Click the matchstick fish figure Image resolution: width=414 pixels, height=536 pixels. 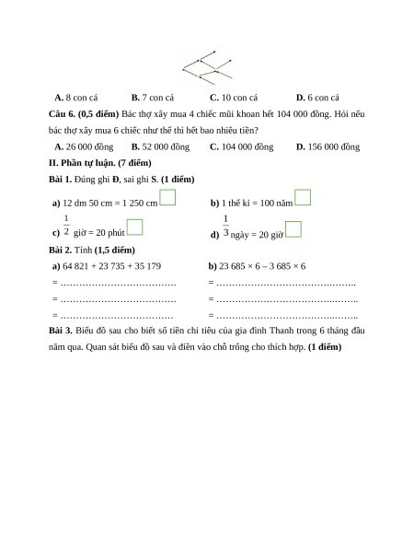(x=207, y=67)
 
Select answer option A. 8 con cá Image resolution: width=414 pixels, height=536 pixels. (x=76, y=98)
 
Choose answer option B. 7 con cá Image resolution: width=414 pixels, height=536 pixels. (x=153, y=98)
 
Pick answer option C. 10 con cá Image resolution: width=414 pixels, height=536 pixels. (x=234, y=98)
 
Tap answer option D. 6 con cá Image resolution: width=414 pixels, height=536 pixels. (x=317, y=98)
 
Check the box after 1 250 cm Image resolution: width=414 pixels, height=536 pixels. (x=167, y=197)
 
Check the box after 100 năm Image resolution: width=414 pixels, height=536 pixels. (x=303, y=197)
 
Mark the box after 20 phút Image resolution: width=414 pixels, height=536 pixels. (x=134, y=227)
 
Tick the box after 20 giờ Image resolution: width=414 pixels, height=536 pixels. (x=293, y=229)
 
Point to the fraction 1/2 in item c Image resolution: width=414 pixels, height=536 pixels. (x=66, y=225)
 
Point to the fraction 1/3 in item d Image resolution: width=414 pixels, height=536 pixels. (x=225, y=226)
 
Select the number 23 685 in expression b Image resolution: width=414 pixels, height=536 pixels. (x=232, y=266)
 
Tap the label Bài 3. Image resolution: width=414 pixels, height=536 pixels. (x=61, y=331)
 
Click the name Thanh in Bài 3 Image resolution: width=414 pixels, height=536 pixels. (x=281, y=331)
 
